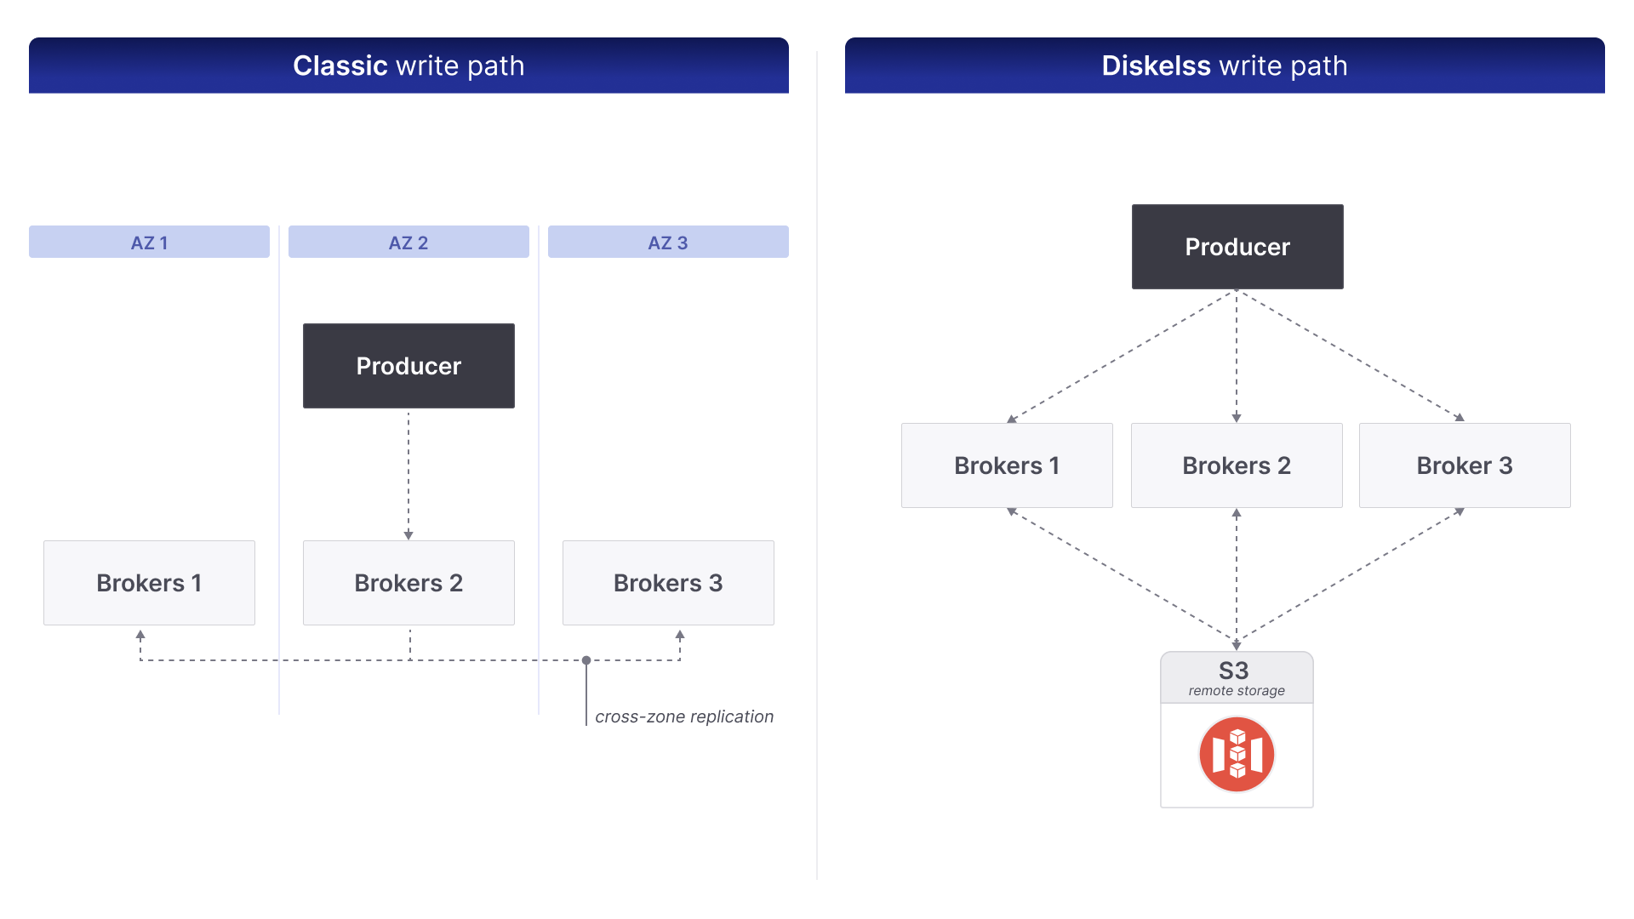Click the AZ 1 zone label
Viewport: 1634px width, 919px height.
[x=149, y=243]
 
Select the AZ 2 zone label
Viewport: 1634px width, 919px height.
[x=408, y=243]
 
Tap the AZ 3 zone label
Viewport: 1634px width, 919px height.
[x=668, y=243]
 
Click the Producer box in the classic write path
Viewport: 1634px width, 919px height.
[x=408, y=366]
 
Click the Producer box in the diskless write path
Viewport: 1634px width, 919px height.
[x=1237, y=247]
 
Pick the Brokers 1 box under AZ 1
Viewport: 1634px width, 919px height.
[x=149, y=583]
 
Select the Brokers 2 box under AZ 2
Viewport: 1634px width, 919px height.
[x=408, y=583]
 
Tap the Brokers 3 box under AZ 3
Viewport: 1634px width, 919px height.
[x=668, y=583]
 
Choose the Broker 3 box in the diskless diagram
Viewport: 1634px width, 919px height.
[x=1465, y=465]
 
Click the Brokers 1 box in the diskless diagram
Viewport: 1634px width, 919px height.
[x=1007, y=465]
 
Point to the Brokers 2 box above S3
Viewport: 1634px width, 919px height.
[x=1237, y=465]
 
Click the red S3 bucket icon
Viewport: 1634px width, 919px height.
[x=1237, y=754]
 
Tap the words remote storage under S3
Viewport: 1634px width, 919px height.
[x=1237, y=691]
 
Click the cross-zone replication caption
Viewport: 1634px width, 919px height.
[x=684, y=716]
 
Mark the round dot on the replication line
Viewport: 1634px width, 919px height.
[x=586, y=660]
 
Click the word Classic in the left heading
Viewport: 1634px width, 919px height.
[x=340, y=66]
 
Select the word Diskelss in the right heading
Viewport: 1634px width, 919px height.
[x=1156, y=66]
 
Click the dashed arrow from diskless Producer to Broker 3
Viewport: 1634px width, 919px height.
[x=1350, y=355]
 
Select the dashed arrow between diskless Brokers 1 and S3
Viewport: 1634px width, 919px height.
[x=1122, y=575]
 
